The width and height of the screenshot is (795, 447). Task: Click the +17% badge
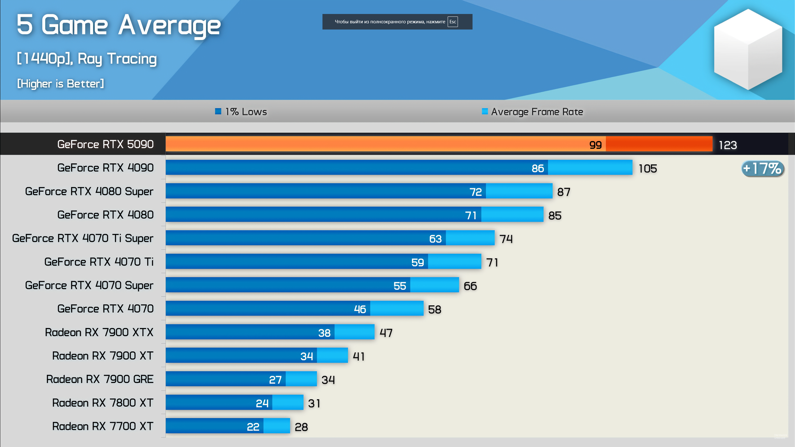[763, 169]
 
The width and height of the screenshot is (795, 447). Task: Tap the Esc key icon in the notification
[452, 22]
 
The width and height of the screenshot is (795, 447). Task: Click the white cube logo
[748, 50]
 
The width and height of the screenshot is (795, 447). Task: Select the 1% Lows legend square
[218, 111]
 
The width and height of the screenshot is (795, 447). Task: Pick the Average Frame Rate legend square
[484, 111]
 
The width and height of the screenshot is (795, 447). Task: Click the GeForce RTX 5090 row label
[105, 144]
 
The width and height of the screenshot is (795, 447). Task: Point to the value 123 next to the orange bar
[728, 145]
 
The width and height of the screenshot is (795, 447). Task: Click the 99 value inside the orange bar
[595, 145]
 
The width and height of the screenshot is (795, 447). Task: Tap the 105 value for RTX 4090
[647, 169]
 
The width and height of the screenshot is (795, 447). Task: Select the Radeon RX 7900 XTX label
[99, 332]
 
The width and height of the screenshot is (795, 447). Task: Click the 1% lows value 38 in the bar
[324, 333]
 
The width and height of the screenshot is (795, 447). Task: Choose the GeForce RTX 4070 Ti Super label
[83, 238]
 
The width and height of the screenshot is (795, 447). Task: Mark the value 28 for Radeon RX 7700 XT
[301, 427]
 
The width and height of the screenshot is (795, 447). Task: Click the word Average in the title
[169, 25]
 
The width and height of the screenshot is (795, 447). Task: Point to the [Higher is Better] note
[61, 84]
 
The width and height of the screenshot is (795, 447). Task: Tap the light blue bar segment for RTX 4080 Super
[519, 191]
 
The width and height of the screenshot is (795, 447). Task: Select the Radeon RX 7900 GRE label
[100, 379]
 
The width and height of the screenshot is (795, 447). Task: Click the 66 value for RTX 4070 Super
[470, 286]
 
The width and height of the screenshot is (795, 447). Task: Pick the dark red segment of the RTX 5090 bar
[659, 144]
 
